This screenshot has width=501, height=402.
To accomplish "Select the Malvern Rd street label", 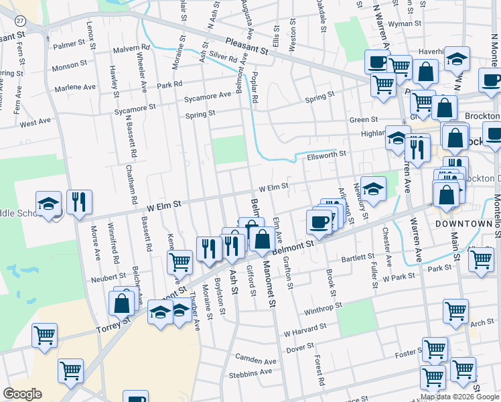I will (131, 48).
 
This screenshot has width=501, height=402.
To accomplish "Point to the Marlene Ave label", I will (75, 87).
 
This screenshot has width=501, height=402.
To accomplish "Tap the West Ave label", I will (35, 123).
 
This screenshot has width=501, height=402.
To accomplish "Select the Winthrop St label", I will (323, 310).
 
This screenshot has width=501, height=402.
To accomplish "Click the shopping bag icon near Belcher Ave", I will (124, 303).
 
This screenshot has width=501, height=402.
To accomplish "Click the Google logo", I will (23, 394).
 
